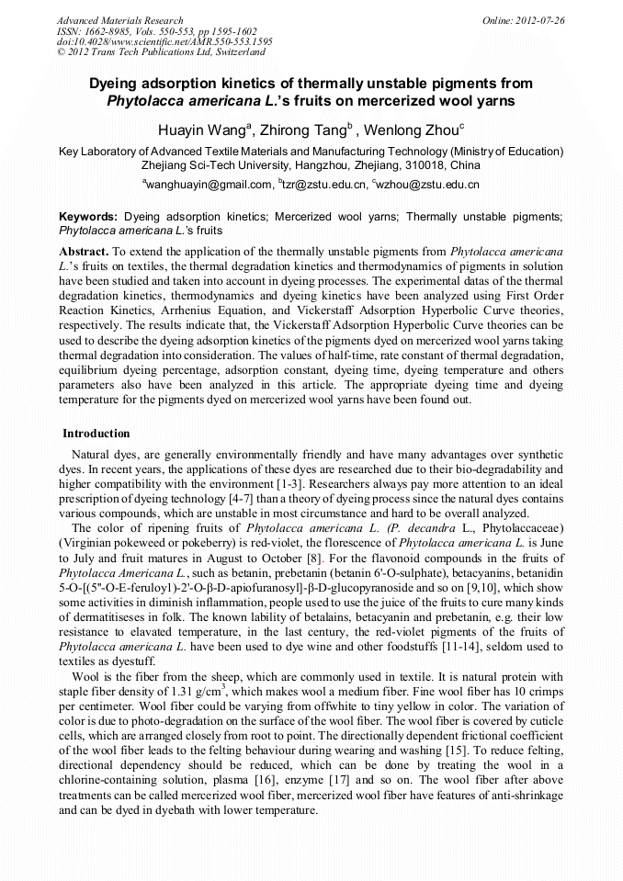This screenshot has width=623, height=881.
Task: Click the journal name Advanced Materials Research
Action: pos(119,20)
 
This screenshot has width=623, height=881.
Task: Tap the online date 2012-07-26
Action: pos(540,20)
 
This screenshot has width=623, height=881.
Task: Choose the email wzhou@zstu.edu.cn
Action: pos(428,186)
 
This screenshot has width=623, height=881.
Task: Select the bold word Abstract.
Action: pos(83,251)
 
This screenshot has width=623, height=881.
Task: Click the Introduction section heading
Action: pos(96,433)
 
